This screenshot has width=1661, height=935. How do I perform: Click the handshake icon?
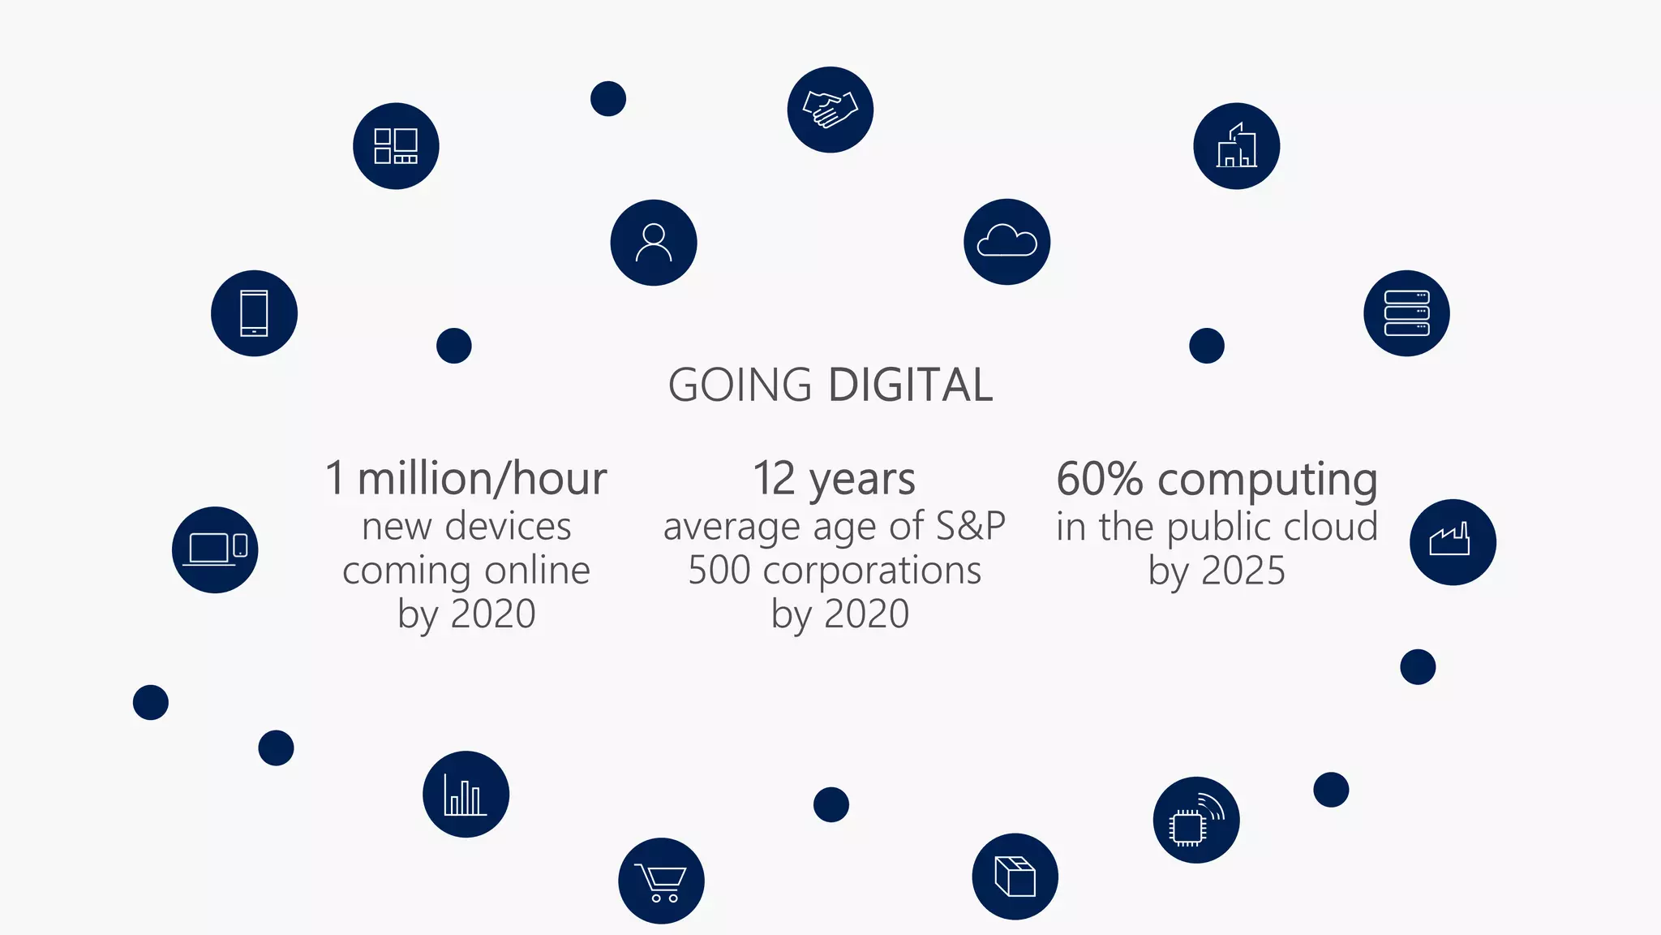pos(830,110)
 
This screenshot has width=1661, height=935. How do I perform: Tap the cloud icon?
pos(1006,242)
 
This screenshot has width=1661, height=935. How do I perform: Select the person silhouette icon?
pos(654,243)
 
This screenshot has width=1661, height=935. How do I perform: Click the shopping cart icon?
pos(661,881)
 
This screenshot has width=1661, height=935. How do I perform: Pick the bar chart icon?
pos(466,794)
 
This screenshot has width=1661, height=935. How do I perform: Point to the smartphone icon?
pos(254,313)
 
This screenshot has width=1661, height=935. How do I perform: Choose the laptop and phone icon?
pos(215,549)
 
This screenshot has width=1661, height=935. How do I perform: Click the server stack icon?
pos(1406,313)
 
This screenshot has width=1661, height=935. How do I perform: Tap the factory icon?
pos(1453,541)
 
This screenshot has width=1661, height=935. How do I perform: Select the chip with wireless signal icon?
pos(1195,820)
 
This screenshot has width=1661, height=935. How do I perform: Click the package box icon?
pos(1015,877)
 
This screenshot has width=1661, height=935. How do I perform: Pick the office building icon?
pos(1236,146)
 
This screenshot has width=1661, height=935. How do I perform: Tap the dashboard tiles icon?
pos(396,146)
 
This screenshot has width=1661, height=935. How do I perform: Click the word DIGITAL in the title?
pos(911,385)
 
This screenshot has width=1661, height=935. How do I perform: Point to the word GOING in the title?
pos(740,385)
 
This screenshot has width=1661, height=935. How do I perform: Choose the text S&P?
pos(970,526)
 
